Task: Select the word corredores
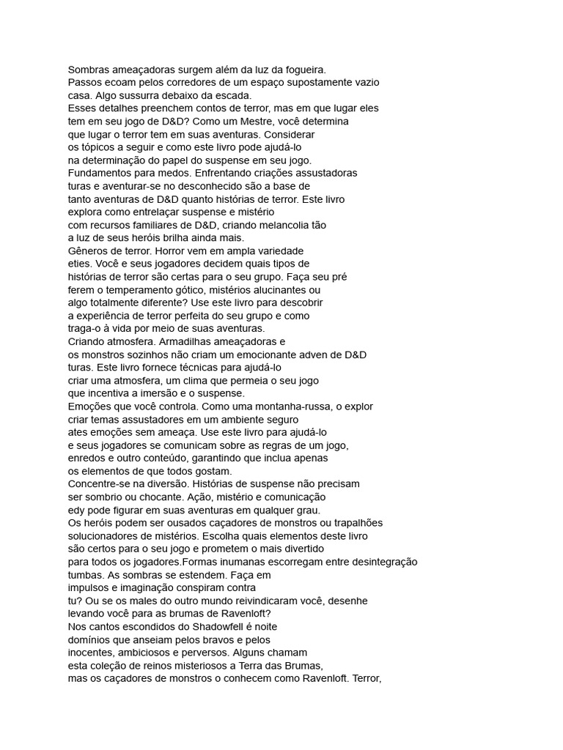click(x=185, y=83)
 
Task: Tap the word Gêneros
click(x=89, y=250)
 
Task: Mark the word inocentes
click(x=91, y=652)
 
